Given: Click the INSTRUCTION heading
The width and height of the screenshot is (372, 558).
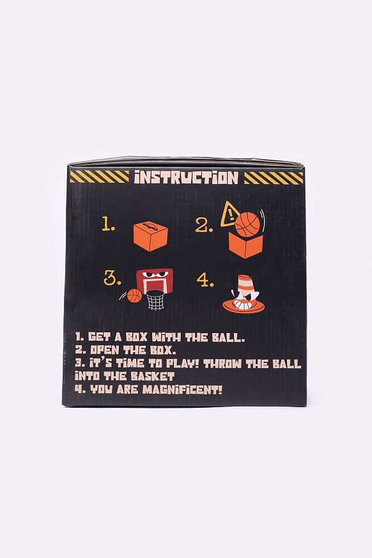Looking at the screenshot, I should (x=186, y=177).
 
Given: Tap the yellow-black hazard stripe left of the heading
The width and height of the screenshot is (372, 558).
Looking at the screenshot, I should (x=99, y=177).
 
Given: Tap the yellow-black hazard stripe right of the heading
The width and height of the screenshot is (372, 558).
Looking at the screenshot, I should (x=274, y=177).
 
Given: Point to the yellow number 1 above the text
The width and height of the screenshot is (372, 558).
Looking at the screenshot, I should (x=109, y=226).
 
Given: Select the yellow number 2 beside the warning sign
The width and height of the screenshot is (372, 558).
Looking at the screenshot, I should (x=205, y=226).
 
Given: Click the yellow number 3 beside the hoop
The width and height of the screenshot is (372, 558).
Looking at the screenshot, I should (x=112, y=278).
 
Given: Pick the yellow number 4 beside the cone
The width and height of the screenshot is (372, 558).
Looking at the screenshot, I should (x=205, y=279).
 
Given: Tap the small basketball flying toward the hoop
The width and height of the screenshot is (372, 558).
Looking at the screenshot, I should (x=134, y=296).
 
